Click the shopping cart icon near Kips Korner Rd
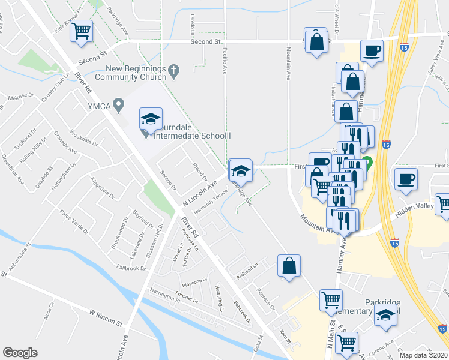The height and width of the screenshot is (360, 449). (82, 31)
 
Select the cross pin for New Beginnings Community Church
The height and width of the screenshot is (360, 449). (174, 71)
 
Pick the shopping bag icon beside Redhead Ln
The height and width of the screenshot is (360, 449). (289, 265)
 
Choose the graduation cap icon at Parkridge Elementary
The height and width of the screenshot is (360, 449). (385, 316)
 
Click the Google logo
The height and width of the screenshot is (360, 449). (20, 352)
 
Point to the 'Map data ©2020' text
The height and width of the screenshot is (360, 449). (424, 355)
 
